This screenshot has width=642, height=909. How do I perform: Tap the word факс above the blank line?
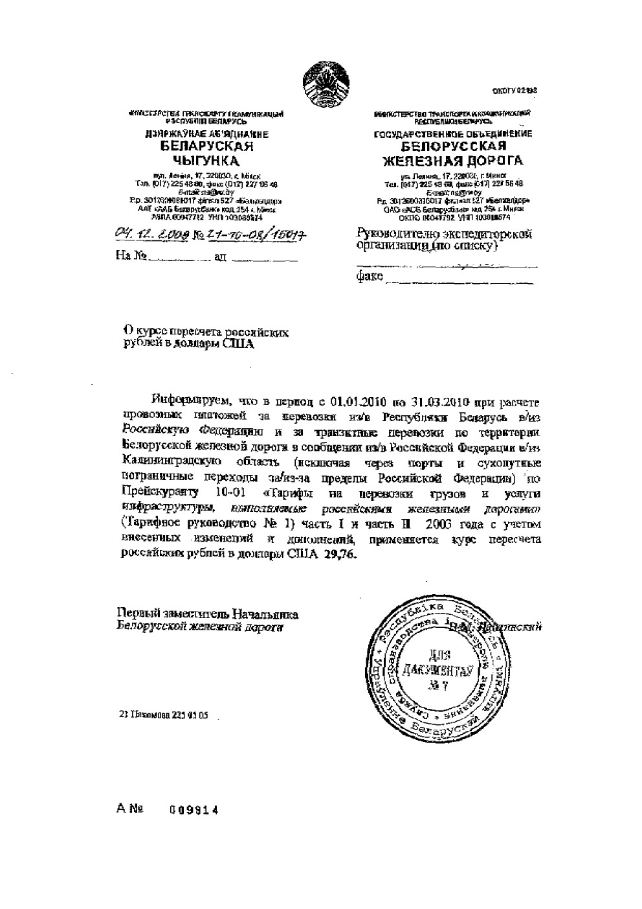click(370, 277)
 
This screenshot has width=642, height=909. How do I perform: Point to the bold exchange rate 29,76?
click(337, 555)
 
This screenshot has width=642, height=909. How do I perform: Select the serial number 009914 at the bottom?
click(194, 810)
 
